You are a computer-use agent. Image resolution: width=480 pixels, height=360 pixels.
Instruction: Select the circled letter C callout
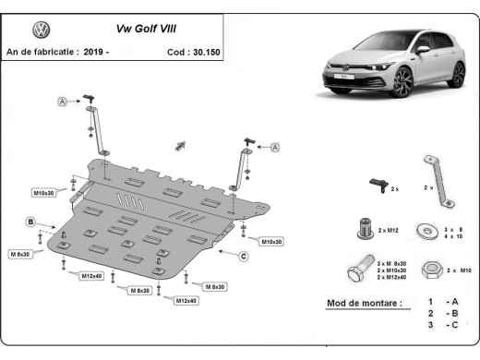point(243,256)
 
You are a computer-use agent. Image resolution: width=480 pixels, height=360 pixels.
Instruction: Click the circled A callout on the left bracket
point(64,101)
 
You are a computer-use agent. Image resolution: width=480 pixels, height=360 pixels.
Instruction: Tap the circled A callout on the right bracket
point(275,146)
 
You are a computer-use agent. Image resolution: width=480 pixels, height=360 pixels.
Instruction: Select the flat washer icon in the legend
point(427,227)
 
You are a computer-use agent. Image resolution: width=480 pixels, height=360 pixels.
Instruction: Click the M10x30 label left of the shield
point(43,193)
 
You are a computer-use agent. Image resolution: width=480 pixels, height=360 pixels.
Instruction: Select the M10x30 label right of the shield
point(270,241)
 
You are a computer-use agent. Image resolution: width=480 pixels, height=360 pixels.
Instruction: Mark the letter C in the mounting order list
point(453,327)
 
